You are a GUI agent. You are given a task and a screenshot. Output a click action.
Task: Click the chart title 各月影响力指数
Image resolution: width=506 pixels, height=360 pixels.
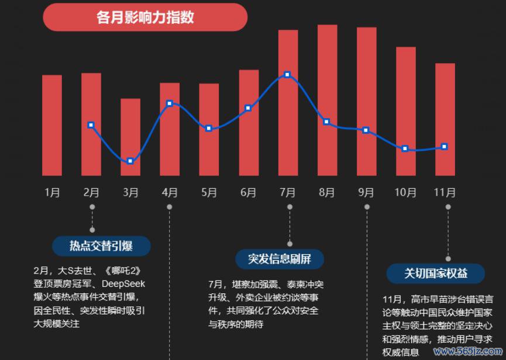pos(145,17)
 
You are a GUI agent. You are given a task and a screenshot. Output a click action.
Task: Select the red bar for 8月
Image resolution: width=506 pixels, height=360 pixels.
pos(328,99)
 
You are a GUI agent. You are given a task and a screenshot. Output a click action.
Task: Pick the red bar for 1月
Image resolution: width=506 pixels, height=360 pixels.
pos(52,125)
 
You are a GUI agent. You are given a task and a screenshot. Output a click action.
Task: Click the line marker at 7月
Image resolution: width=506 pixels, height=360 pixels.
pos(287,75)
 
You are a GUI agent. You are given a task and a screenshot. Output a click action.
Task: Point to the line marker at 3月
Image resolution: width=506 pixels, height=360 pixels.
pos(130,161)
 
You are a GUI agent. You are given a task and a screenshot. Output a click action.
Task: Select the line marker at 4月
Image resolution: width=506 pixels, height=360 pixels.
pos(170,103)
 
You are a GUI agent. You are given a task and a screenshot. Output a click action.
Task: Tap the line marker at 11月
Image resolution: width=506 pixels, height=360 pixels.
pos(445,147)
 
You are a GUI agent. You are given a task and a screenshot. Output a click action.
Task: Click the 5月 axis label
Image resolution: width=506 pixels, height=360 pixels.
pos(209,192)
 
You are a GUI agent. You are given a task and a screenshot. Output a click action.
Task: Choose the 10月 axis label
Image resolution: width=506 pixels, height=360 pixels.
pos(405,192)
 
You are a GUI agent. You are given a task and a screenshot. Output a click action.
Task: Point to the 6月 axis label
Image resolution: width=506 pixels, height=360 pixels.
pos(248,192)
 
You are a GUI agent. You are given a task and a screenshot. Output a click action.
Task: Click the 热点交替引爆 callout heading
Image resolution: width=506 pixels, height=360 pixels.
pos(101,246)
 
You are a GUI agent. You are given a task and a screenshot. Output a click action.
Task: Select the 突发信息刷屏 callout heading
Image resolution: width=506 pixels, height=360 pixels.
pos(280,259)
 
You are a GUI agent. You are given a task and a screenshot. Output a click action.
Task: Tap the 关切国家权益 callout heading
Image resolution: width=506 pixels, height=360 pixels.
pos(436,274)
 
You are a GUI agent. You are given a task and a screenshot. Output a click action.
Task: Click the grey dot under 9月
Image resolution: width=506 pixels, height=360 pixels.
pos(367,207)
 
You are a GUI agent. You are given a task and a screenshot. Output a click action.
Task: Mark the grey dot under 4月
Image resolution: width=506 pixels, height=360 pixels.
pos(170,207)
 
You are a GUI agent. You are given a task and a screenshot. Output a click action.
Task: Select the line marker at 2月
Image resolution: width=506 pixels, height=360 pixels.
pos(91,124)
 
